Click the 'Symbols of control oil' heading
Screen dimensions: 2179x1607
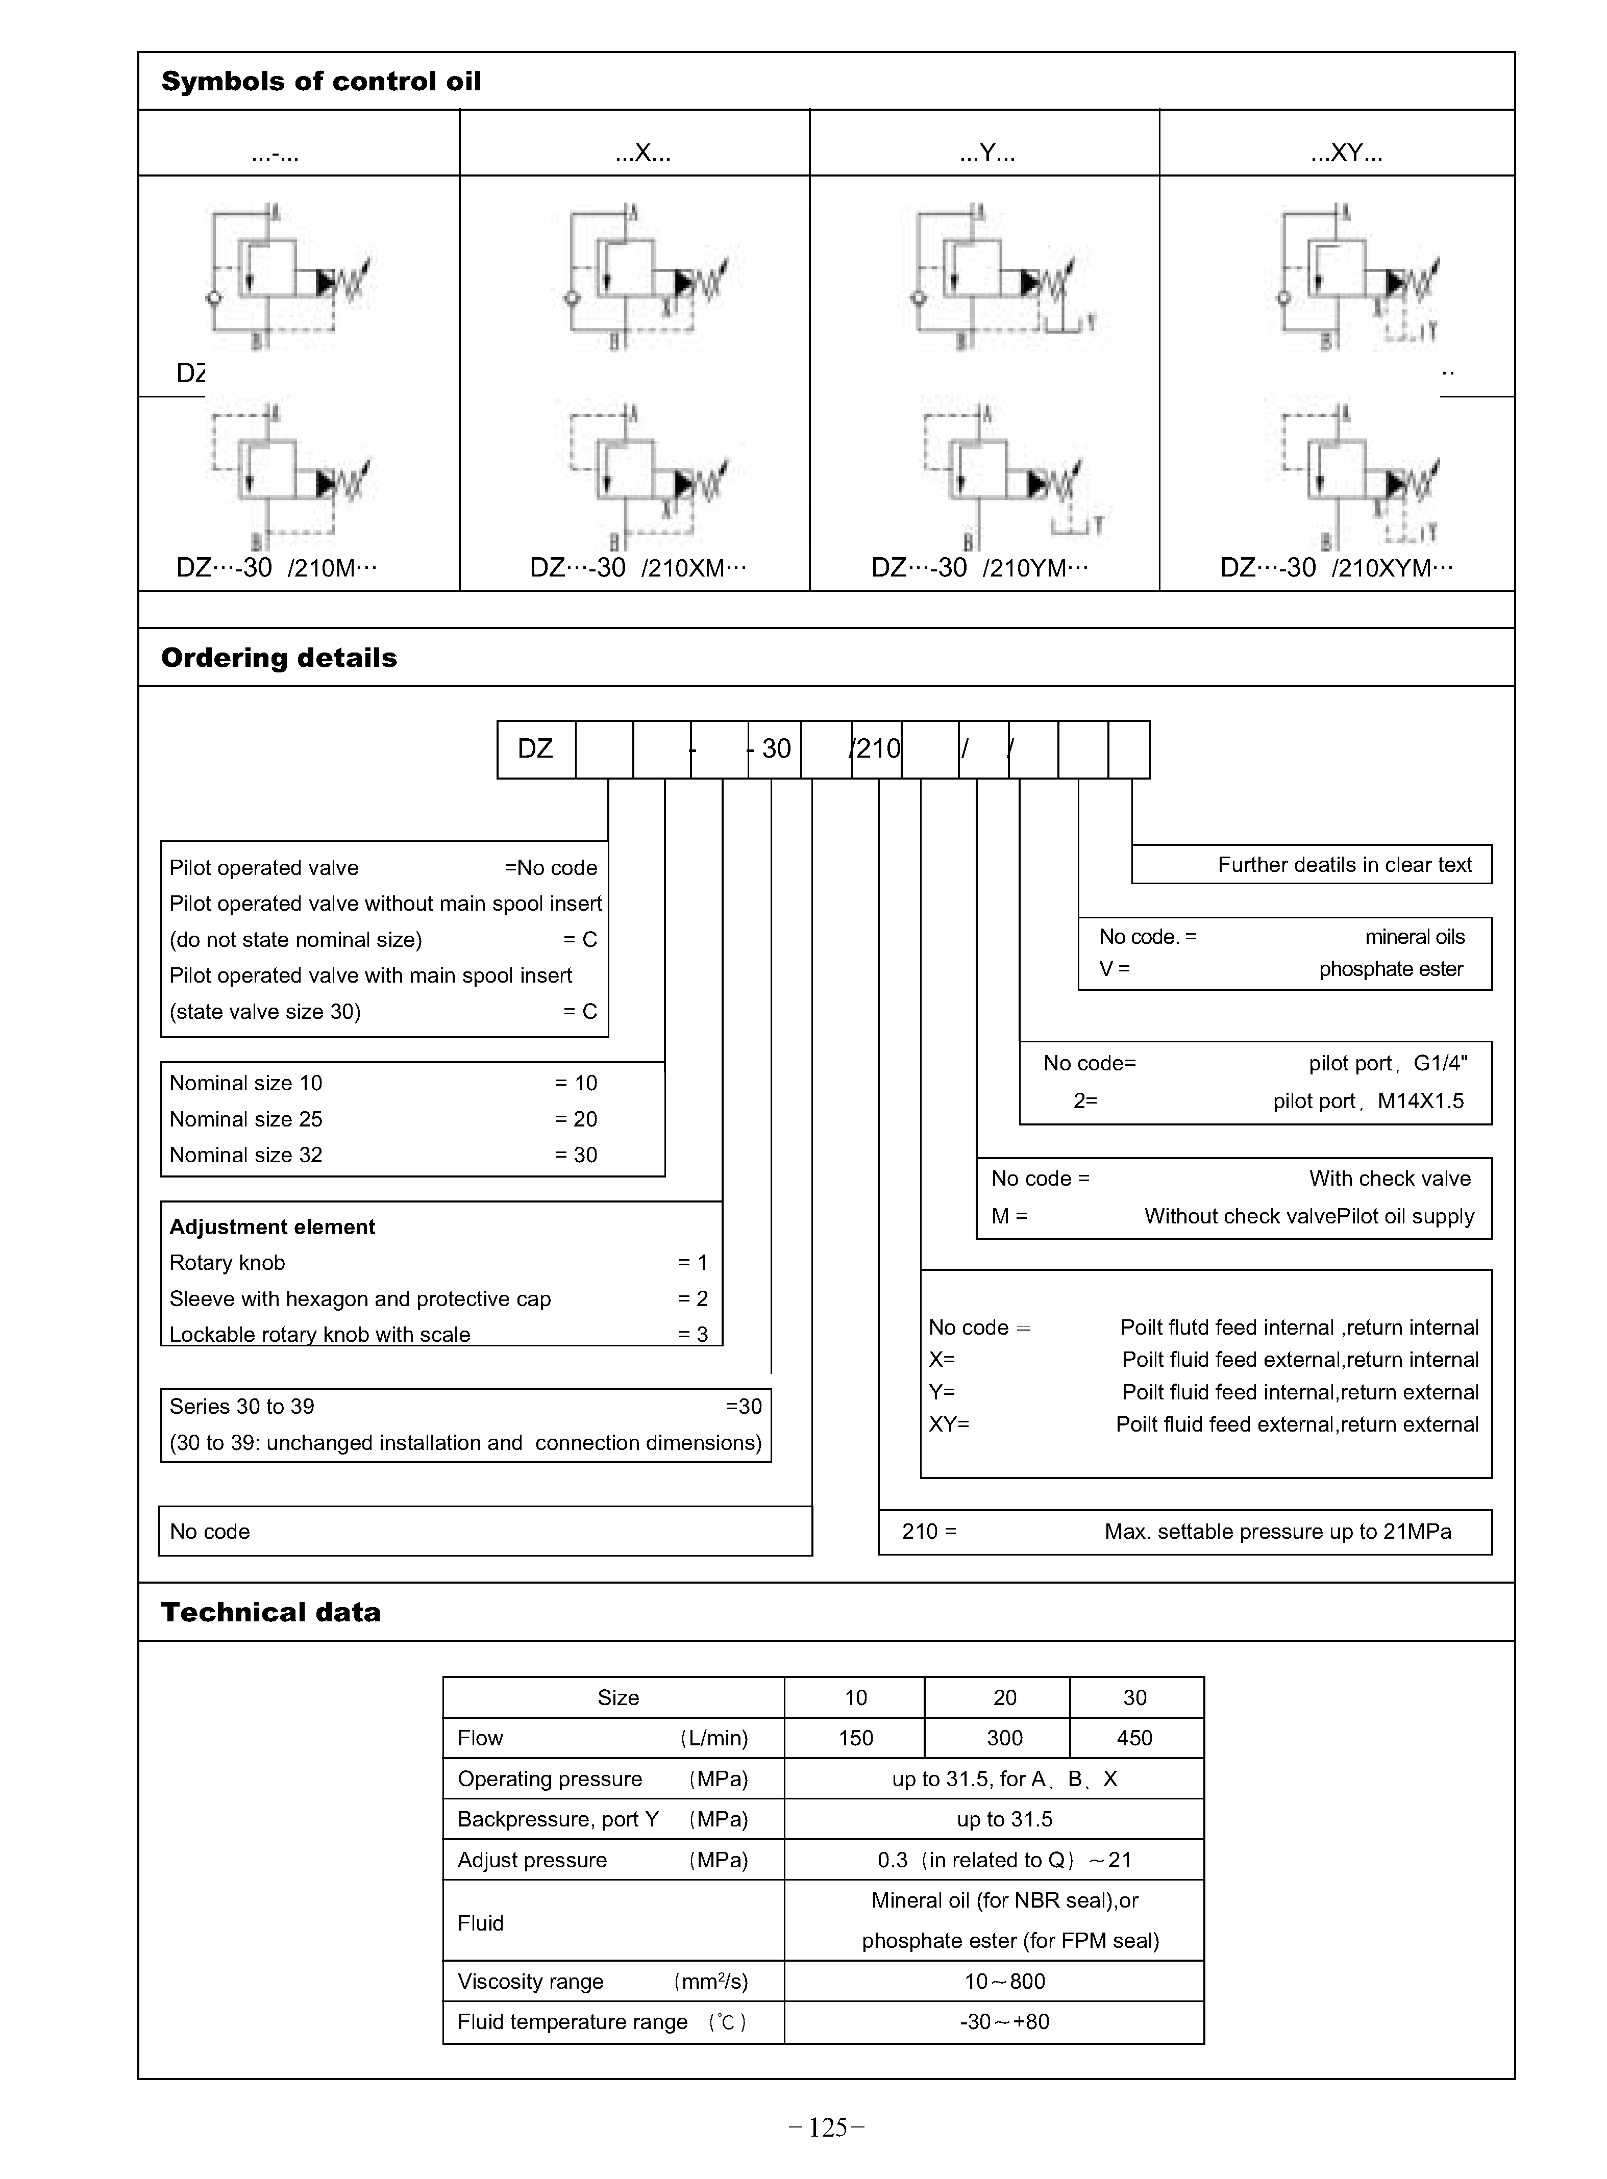pyautogui.click(x=321, y=82)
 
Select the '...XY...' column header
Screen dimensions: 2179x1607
pyautogui.click(x=1346, y=153)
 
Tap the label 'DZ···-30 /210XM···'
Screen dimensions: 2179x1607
pyautogui.click(x=638, y=568)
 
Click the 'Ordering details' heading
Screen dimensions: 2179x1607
pyautogui.click(x=279, y=658)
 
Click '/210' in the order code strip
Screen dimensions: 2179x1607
pyautogui.click(x=876, y=749)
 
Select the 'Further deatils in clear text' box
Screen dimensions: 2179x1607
pyautogui.click(x=1344, y=864)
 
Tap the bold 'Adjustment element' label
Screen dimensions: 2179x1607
pyautogui.click(x=273, y=1227)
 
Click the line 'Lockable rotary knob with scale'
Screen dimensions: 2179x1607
pyautogui.click(x=320, y=1334)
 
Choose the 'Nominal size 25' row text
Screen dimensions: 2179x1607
pyautogui.click(x=246, y=1119)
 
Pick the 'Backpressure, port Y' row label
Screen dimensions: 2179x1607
pyautogui.click(x=558, y=1819)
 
